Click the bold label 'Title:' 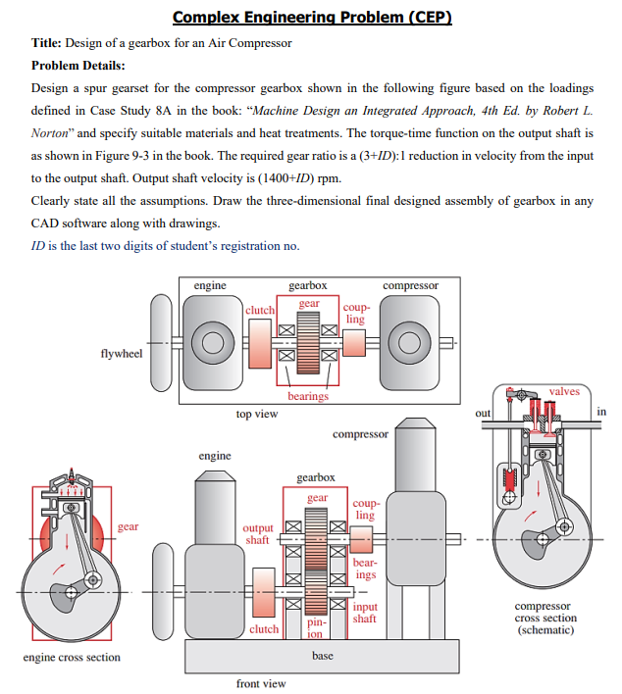pos(48,43)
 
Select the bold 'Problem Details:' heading pos(78,65)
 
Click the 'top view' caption pos(257,415)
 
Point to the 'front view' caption pos(261,682)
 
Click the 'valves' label pos(564,391)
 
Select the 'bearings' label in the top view pos(308,396)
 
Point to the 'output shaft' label pos(257,534)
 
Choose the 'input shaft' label pos(364,613)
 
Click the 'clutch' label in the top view pos(260,310)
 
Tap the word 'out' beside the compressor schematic pos(483,413)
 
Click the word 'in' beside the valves pos(601,412)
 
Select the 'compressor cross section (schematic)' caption pos(545,618)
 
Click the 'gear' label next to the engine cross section pos(129,526)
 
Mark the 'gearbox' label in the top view pos(308,285)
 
